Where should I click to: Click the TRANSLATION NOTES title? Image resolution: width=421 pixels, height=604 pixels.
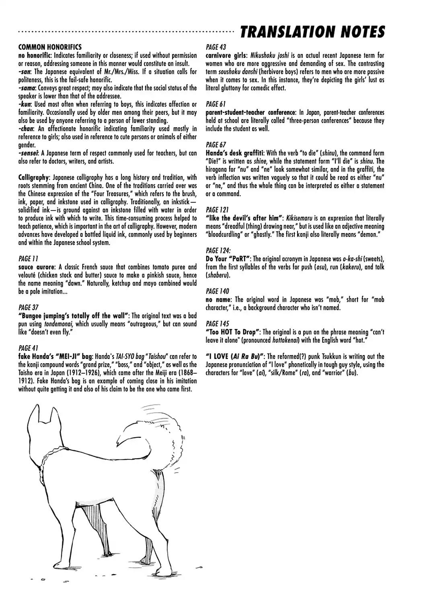(x=312, y=32)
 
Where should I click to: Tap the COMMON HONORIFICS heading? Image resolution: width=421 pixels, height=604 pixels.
(x=50, y=47)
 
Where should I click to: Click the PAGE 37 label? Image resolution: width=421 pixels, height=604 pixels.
(x=29, y=308)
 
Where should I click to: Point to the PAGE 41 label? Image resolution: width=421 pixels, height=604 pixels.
(x=29, y=348)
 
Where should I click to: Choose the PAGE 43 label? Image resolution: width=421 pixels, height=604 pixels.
(x=216, y=47)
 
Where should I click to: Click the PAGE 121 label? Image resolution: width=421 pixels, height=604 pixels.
(x=217, y=210)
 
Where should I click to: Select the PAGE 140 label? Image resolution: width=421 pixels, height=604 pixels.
(x=217, y=291)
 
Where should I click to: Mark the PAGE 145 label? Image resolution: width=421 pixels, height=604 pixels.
(x=217, y=324)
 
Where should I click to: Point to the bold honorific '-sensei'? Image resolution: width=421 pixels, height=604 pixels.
(x=29, y=153)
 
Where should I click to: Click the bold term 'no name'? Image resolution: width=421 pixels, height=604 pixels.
(x=218, y=299)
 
